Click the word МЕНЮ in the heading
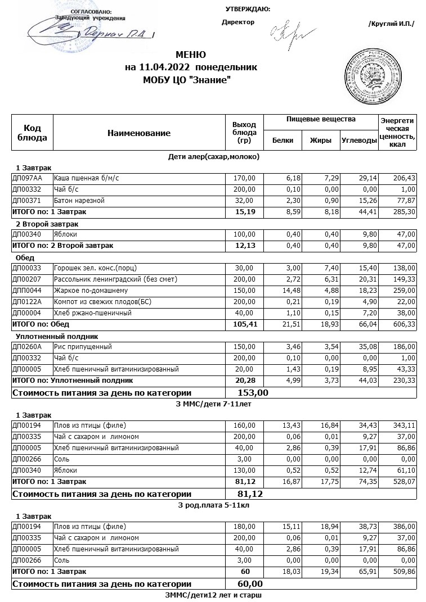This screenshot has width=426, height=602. (191, 55)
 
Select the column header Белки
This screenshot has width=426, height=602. (282, 141)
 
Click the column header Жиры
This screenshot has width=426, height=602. (321, 141)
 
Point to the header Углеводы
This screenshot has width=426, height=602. (358, 141)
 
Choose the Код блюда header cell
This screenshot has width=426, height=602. (33, 133)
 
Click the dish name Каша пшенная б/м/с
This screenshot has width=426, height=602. (87, 178)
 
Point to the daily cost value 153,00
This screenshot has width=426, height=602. (253, 392)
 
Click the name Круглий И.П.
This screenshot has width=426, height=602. (391, 24)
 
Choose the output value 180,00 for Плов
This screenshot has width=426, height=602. (244, 527)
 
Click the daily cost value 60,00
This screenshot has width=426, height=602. (250, 584)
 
